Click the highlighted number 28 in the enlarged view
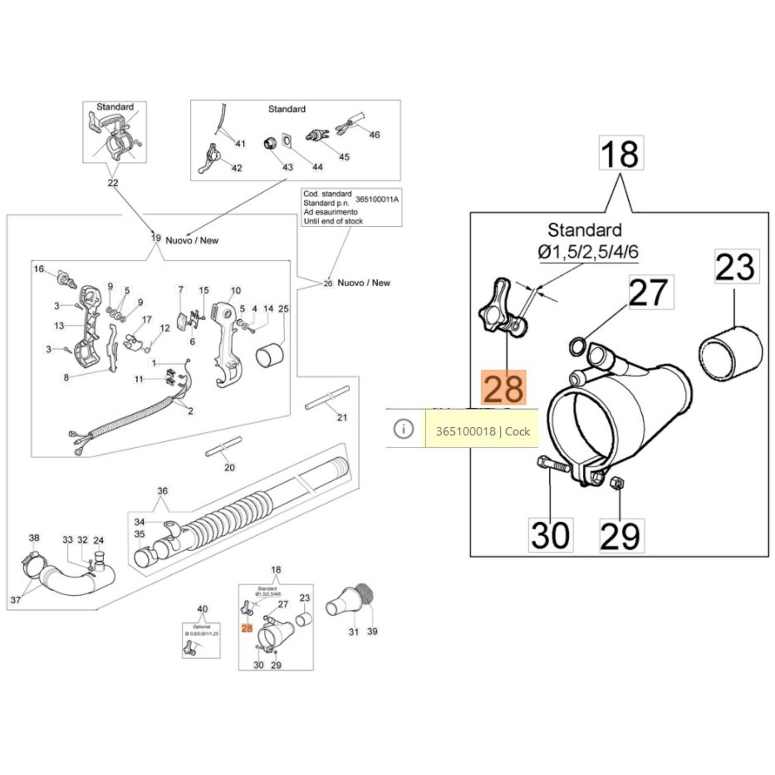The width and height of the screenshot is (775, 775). tap(503, 387)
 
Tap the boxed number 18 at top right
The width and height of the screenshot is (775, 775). tap(621, 153)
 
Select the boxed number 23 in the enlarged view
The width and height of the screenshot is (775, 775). tap(736, 266)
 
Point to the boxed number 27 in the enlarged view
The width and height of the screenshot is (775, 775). tap(651, 293)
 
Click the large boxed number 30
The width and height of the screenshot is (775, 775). tap(550, 535)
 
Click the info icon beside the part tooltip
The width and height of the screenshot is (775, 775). tap(403, 429)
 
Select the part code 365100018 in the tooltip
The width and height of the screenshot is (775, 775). tap(465, 431)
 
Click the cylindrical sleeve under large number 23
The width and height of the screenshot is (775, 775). tap(730, 352)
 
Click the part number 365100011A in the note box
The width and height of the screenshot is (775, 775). tap(377, 199)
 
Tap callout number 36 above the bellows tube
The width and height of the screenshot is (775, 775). tap(162, 491)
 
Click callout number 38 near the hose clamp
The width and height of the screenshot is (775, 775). tap(34, 538)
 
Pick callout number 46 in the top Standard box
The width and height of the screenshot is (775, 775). tap(374, 135)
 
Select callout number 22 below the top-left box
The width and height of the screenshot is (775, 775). tap(113, 183)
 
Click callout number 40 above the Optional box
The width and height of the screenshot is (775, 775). tap(202, 609)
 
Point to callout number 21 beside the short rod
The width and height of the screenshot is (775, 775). tap(342, 417)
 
